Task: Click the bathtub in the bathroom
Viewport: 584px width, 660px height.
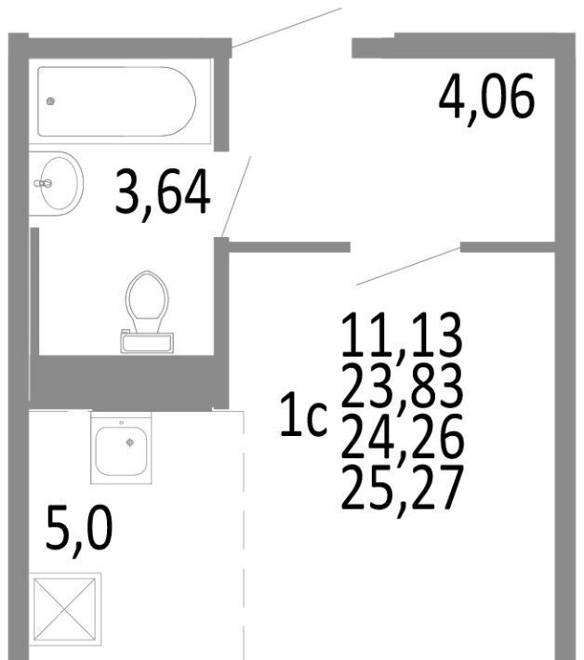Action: [116, 101]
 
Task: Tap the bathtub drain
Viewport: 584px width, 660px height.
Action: [50, 101]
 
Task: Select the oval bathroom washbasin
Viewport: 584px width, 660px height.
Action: [57, 183]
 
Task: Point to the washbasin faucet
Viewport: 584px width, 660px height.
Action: [43, 183]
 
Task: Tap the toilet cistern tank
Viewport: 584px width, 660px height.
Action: [147, 343]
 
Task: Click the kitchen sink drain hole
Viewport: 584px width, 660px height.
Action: [130, 442]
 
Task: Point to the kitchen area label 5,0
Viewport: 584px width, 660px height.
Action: [79, 531]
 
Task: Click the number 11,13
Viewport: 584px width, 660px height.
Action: [402, 336]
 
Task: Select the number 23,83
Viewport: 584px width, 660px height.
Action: [403, 387]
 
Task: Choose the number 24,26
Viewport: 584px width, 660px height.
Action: [403, 437]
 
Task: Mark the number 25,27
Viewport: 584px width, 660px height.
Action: [403, 487]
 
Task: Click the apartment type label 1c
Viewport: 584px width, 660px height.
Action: [303, 415]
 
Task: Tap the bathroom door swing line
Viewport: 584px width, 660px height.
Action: [236, 196]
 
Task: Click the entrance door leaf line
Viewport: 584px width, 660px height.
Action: [286, 28]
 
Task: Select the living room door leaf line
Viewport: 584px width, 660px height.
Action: [408, 267]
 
